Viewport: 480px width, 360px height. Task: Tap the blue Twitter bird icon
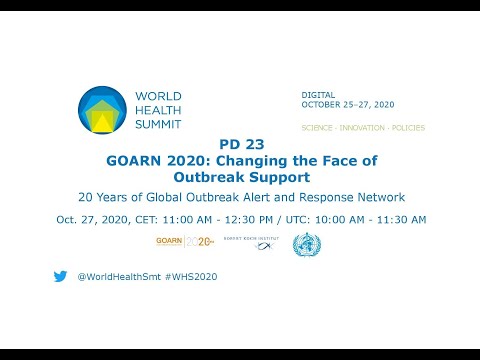[x=60, y=276]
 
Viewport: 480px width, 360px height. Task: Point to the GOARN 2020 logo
[x=185, y=241]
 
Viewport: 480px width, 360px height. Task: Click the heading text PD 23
[x=240, y=143]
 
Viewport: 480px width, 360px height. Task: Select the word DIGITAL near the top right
[x=318, y=94]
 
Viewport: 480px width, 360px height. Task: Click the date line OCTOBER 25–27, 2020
[x=348, y=104]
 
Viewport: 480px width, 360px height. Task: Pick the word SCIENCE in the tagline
[x=319, y=128]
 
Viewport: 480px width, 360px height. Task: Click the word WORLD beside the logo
[x=156, y=96]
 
